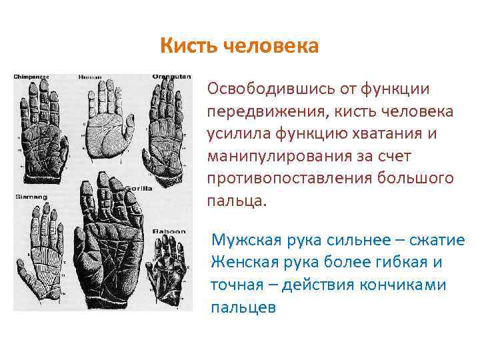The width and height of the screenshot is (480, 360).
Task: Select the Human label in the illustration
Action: (90, 77)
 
